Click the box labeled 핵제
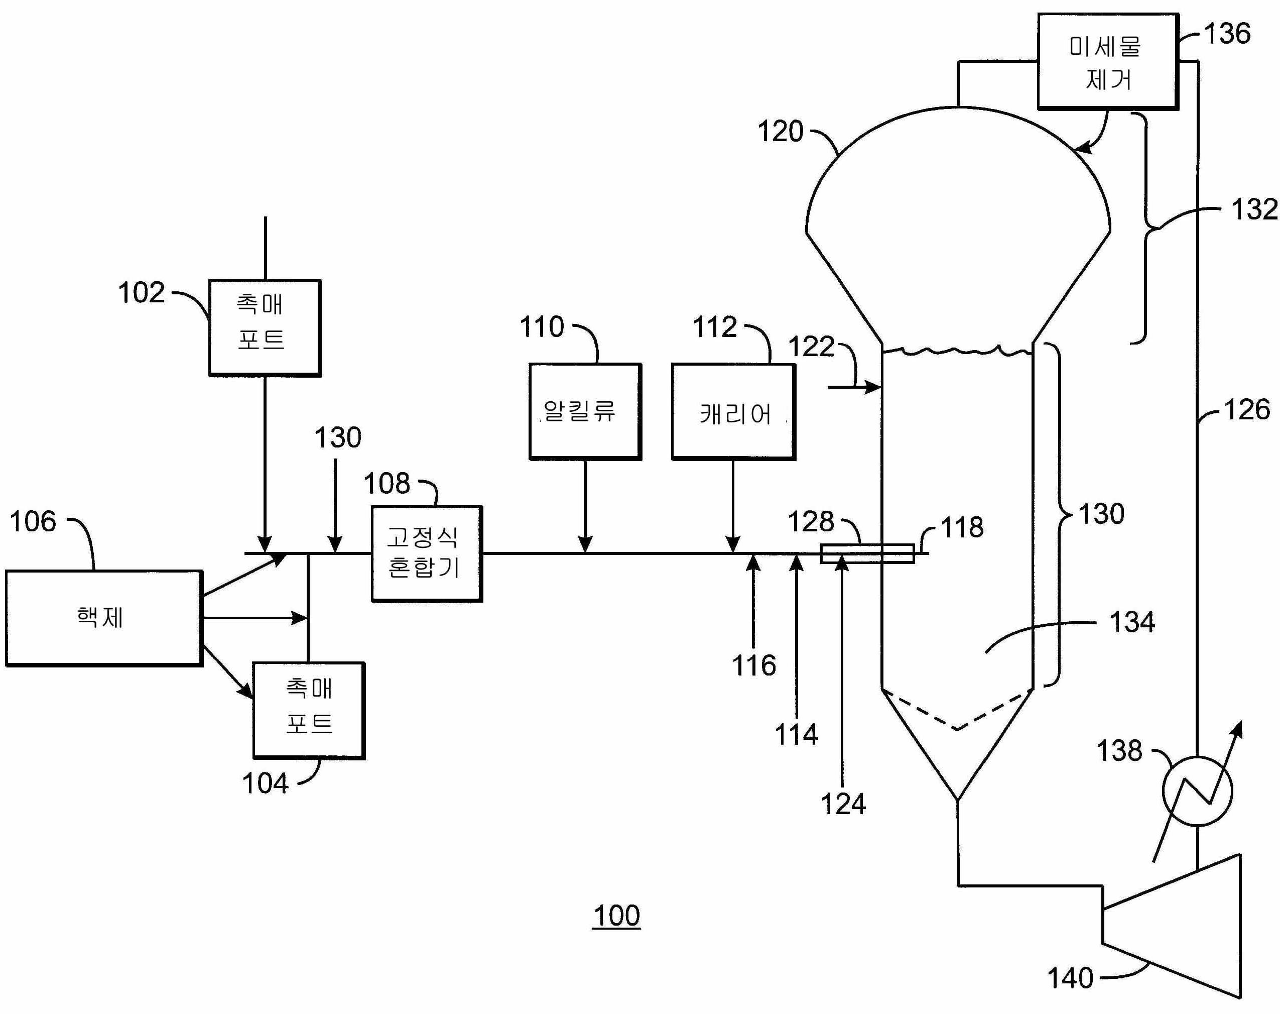tap(104, 618)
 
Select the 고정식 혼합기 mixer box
tap(427, 553)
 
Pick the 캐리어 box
tap(733, 412)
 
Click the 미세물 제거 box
tap(1107, 62)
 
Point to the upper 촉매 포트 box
tap(265, 328)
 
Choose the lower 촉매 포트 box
tap(309, 710)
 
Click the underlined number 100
tap(616, 916)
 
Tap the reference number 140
tap(1070, 977)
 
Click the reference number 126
tap(1247, 410)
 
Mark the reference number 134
tap(1131, 622)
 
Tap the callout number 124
tap(843, 805)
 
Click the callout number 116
tap(753, 665)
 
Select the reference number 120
tap(780, 131)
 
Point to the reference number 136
tap(1227, 33)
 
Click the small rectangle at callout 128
tap(867, 553)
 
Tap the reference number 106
tap(33, 521)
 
